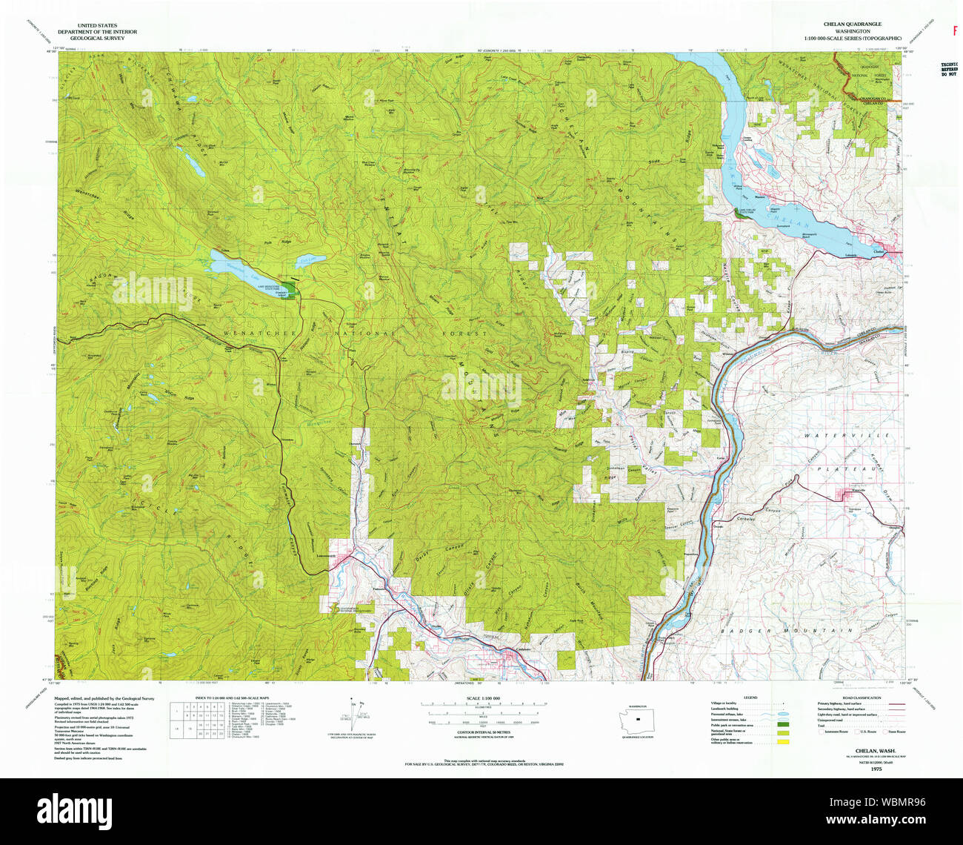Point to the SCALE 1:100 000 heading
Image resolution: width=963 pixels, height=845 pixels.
click(x=481, y=699)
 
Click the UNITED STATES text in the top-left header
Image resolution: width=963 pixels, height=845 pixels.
click(x=96, y=24)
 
